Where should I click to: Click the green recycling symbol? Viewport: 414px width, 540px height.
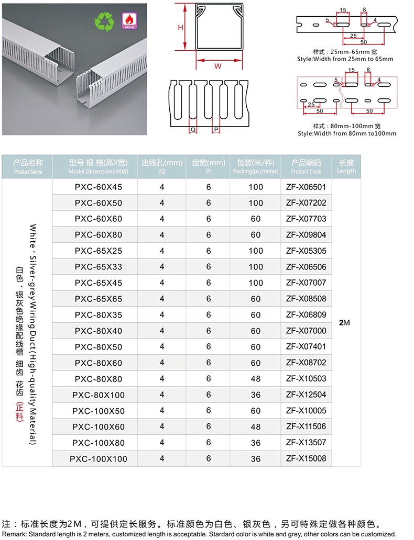pyautogui.click(x=103, y=22)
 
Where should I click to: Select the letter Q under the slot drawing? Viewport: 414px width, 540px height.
pyautogui.click(x=193, y=129)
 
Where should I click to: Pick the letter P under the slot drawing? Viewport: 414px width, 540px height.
pyautogui.click(x=215, y=129)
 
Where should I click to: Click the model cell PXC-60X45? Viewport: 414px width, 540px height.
pyautogui.click(x=98, y=187)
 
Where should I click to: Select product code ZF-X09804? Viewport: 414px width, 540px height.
pyautogui.click(x=306, y=235)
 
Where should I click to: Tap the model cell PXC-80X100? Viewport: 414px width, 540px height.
pyautogui.click(x=98, y=395)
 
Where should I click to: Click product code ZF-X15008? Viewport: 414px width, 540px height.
pyautogui.click(x=306, y=459)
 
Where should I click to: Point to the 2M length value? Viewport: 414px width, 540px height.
pyautogui.click(x=344, y=323)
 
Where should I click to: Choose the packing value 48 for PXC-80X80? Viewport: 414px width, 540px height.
pyautogui.click(x=256, y=379)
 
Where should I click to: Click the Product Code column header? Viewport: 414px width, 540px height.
pyautogui.click(x=306, y=166)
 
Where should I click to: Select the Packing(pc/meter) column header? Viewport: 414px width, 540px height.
pyautogui.click(x=256, y=166)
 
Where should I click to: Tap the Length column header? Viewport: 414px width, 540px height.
pyautogui.click(x=346, y=166)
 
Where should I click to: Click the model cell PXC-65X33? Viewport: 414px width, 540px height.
pyautogui.click(x=98, y=267)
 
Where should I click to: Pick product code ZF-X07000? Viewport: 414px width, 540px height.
pyautogui.click(x=306, y=331)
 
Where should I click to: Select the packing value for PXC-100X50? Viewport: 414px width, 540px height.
pyautogui.click(x=256, y=411)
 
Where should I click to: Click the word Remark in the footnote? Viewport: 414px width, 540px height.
pyautogui.click(x=13, y=534)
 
